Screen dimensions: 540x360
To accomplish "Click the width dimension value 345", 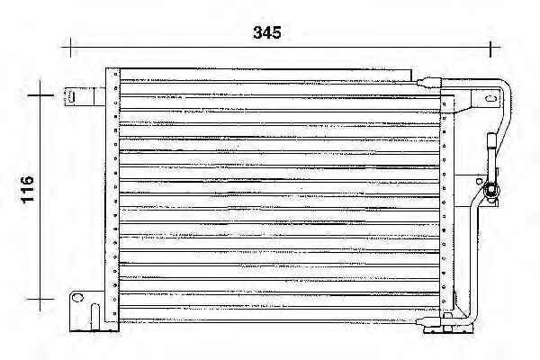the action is click(267, 32).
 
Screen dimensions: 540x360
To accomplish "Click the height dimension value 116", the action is click(27, 190).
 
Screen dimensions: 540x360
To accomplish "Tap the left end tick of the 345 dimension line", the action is click(70, 47).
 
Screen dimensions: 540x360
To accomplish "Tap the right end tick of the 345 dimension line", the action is click(490, 48).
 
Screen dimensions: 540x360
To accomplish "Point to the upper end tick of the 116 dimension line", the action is click(40, 94).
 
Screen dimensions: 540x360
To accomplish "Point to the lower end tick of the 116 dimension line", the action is click(40, 299).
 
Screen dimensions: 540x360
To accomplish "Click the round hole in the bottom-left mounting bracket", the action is click(77, 297).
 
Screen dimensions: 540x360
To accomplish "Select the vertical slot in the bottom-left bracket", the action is click(95, 317).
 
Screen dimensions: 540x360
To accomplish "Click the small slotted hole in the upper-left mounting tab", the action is click(70, 97).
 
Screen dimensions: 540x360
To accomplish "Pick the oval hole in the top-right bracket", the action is click(490, 98).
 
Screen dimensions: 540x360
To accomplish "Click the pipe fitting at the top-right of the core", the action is click(429, 83).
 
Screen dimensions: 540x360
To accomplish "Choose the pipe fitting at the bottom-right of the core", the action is click(428, 322).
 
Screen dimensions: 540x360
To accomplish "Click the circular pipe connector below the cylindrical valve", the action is click(490, 191).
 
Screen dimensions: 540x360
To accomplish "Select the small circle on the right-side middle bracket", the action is click(479, 181).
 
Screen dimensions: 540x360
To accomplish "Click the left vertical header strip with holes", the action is click(112, 195).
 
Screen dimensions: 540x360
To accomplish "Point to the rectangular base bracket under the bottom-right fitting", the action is click(448, 330).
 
